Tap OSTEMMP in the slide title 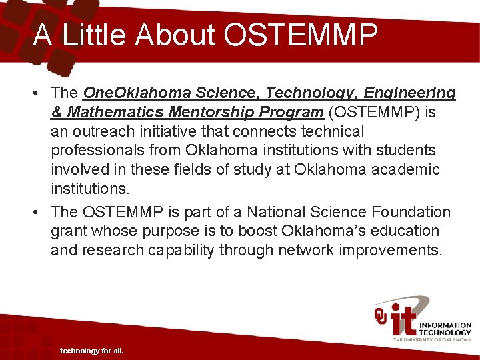pyautogui.click(x=301, y=35)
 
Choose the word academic pyautogui.click(x=406, y=170)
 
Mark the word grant pyautogui.click(x=68, y=231)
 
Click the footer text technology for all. pyautogui.click(x=92, y=351)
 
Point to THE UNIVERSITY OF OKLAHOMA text pyautogui.click(x=432, y=339)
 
